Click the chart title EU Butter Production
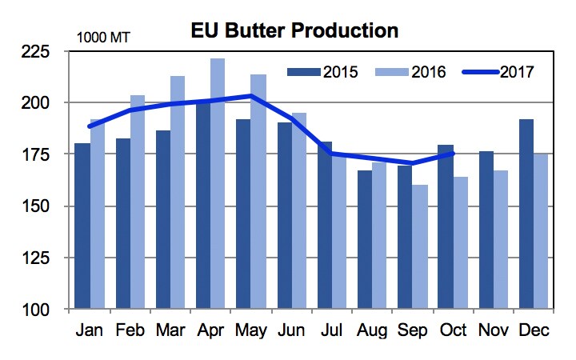[294, 31]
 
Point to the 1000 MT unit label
[102, 37]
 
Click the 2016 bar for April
[218, 183]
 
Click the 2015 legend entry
[324, 72]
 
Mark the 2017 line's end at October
[453, 154]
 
